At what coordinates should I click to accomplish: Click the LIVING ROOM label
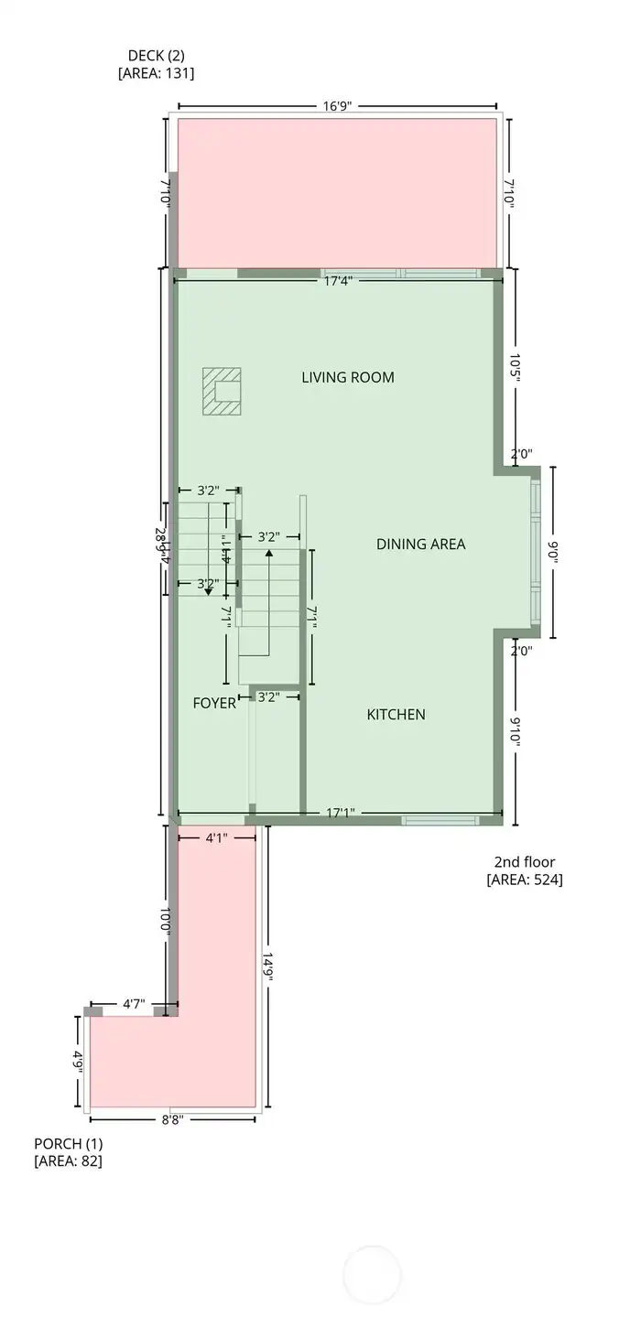pos(348,377)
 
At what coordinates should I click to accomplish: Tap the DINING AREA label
pos(420,544)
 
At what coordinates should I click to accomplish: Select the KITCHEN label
pos(396,714)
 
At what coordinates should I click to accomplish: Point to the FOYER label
pos(214,703)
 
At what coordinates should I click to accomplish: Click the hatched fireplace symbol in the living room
pos(222,391)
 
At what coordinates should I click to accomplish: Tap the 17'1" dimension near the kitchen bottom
pos(341,812)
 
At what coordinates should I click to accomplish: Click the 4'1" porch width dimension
pos(215,837)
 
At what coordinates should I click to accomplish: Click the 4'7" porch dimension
pos(134,1004)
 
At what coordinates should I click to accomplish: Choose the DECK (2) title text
pos(156,56)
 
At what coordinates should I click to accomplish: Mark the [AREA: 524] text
pos(524,880)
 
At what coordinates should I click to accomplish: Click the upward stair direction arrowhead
pos(268,555)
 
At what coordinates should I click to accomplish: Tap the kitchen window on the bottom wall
pos(440,820)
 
